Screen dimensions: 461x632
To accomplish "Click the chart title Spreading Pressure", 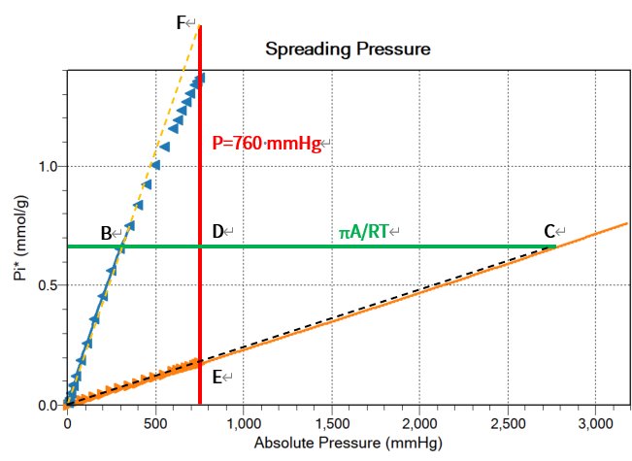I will [x=348, y=48].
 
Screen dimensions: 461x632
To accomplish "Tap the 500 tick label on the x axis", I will [x=155, y=424].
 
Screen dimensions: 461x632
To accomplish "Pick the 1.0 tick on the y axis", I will [x=45, y=166].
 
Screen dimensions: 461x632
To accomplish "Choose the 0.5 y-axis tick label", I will [x=45, y=284].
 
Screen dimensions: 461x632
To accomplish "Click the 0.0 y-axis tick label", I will [x=45, y=405].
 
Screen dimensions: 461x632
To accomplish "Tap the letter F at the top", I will [x=183, y=22].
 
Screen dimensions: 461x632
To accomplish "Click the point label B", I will [x=107, y=233].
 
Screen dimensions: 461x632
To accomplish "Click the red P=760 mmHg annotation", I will [x=270, y=143].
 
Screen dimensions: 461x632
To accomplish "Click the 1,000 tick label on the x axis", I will [x=243, y=424].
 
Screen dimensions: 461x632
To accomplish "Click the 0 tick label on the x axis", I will [x=67, y=424].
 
